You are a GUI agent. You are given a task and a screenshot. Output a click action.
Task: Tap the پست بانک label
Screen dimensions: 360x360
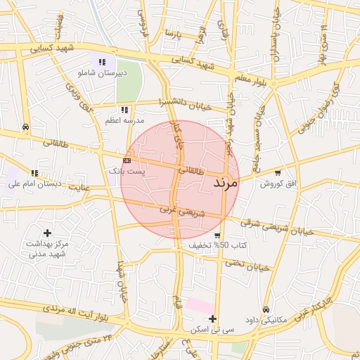click(x=126, y=171)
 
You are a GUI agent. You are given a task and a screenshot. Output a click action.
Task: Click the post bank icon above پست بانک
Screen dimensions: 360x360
click(x=127, y=160)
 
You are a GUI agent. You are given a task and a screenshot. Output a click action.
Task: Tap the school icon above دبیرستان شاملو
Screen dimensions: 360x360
click(x=103, y=62)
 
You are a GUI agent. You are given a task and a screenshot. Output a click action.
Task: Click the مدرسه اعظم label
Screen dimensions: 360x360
click(x=122, y=120)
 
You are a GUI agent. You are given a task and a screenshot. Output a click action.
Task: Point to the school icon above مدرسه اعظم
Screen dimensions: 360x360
click(x=124, y=110)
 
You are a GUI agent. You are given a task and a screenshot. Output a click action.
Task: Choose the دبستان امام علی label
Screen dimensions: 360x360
click(x=35, y=184)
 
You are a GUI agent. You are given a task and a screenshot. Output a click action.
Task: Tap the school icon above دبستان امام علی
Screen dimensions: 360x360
click(x=34, y=173)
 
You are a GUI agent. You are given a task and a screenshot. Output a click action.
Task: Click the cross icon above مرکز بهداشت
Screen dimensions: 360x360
click(x=47, y=233)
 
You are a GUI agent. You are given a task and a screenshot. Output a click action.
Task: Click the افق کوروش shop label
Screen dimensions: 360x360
click(x=279, y=184)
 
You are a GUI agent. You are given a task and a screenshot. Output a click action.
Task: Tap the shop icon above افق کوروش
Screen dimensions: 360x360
click(x=278, y=173)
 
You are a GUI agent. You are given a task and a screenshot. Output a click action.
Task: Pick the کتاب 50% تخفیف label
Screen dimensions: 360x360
click(x=218, y=245)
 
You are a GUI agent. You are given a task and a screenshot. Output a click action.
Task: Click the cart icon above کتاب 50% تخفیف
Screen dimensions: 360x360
click(x=217, y=236)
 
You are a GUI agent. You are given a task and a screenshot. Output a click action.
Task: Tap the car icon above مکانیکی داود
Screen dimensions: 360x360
click(x=266, y=309)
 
